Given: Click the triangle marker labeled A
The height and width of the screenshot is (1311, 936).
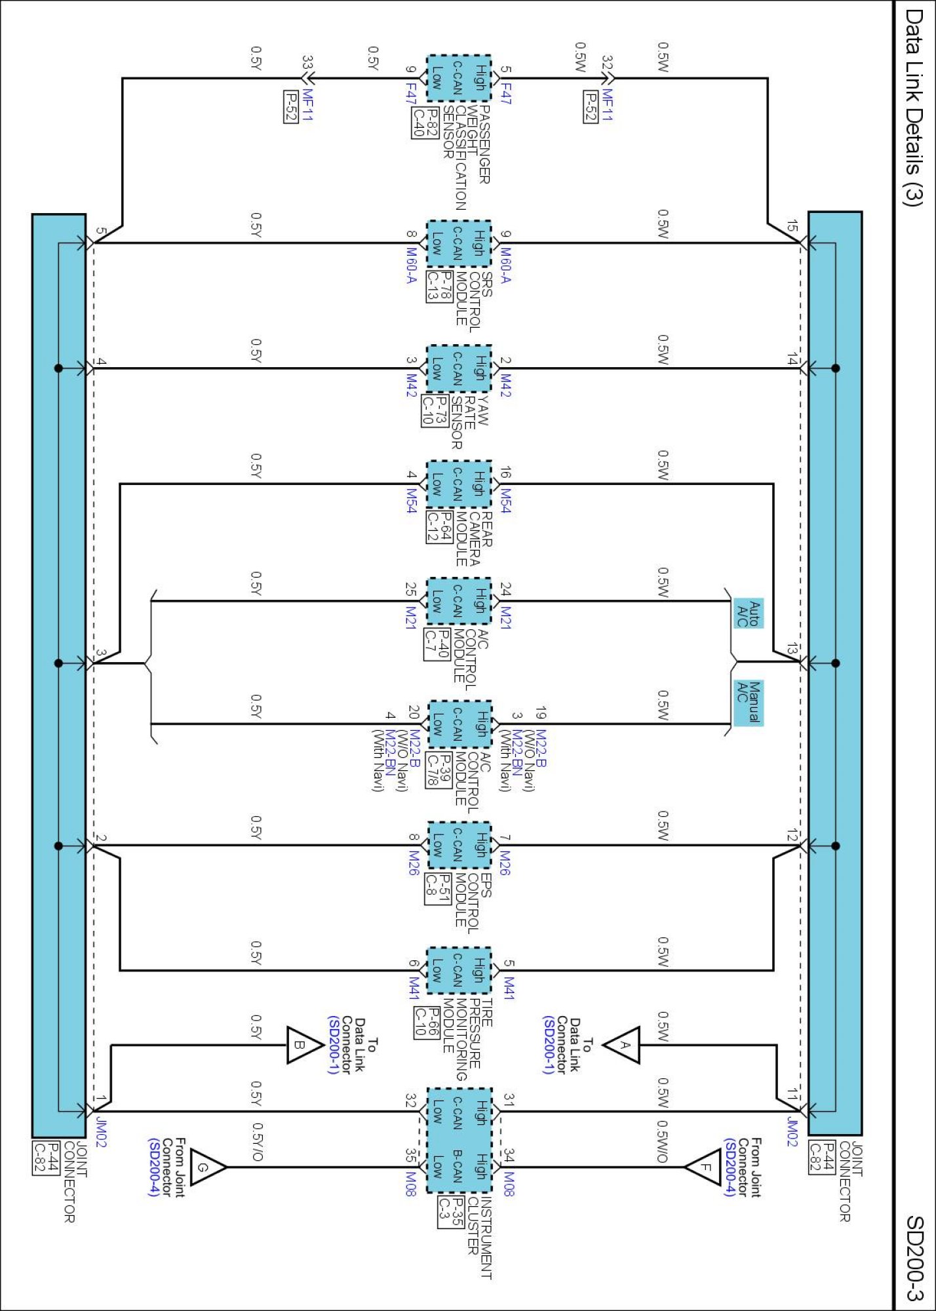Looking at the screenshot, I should tap(623, 1045).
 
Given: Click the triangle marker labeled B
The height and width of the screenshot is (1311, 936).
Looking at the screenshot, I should tap(298, 1045).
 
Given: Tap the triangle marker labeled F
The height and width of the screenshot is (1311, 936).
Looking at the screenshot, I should tap(705, 1167).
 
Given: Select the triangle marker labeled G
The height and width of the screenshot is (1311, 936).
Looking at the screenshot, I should tap(207, 1167).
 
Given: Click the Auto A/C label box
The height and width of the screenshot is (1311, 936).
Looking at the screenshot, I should tap(748, 614).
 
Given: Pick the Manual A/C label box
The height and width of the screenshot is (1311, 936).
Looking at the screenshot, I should tap(748, 701).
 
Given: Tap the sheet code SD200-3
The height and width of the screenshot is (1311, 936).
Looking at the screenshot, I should tap(914, 1259).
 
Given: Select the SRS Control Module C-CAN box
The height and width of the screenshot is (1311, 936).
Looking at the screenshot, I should tap(459, 243).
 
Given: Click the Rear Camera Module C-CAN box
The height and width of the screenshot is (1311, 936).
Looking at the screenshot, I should tap(459, 484).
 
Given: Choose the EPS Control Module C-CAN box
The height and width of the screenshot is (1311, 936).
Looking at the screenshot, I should tap(459, 846).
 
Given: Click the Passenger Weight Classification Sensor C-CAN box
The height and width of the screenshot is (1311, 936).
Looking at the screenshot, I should tap(459, 78).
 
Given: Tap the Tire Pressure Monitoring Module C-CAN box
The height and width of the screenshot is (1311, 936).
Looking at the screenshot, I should tap(459, 970).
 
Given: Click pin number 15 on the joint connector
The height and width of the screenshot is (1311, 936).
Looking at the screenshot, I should tap(792, 227).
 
